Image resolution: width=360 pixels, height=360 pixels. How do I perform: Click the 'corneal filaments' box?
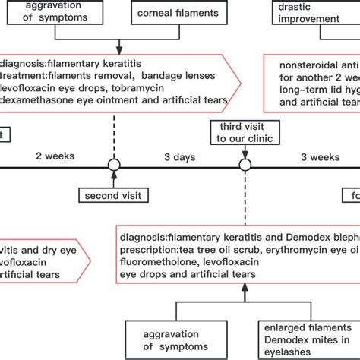pos(174,13)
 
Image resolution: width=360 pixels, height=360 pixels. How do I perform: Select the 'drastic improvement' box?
pos(312,11)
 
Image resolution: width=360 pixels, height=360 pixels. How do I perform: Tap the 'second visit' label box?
pos(114,195)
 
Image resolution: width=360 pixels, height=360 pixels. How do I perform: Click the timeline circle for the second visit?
pos(114,165)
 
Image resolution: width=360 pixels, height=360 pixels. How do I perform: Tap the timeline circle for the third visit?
pos(245,165)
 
